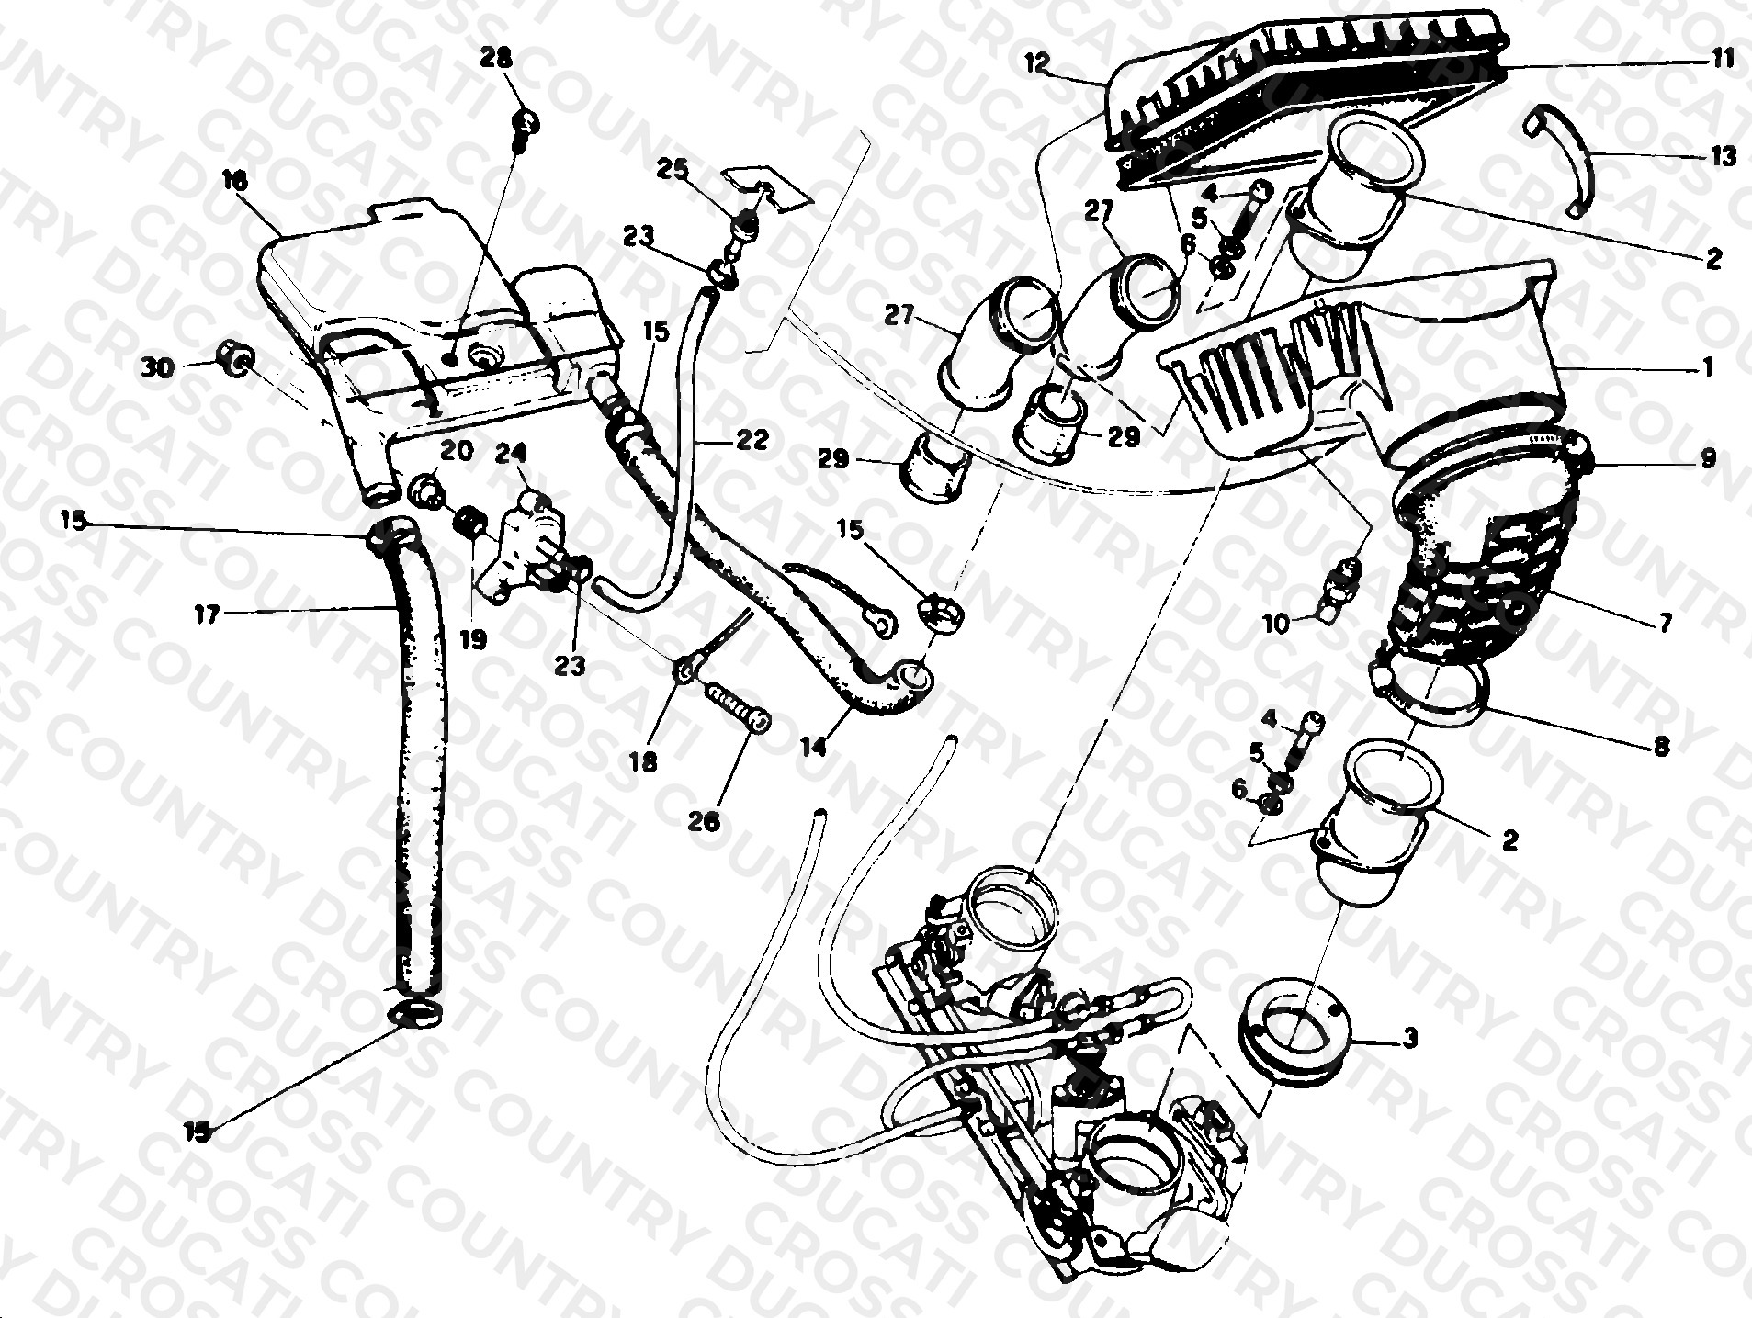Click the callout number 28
pos(497,59)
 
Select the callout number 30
pos(157,367)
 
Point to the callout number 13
pos(1724,156)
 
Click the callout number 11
pos(1723,59)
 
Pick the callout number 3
pos(1410,1039)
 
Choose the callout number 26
pos(704,822)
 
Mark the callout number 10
pos(1276,625)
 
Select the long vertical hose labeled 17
pos(413,762)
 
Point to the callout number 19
pos(473,639)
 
